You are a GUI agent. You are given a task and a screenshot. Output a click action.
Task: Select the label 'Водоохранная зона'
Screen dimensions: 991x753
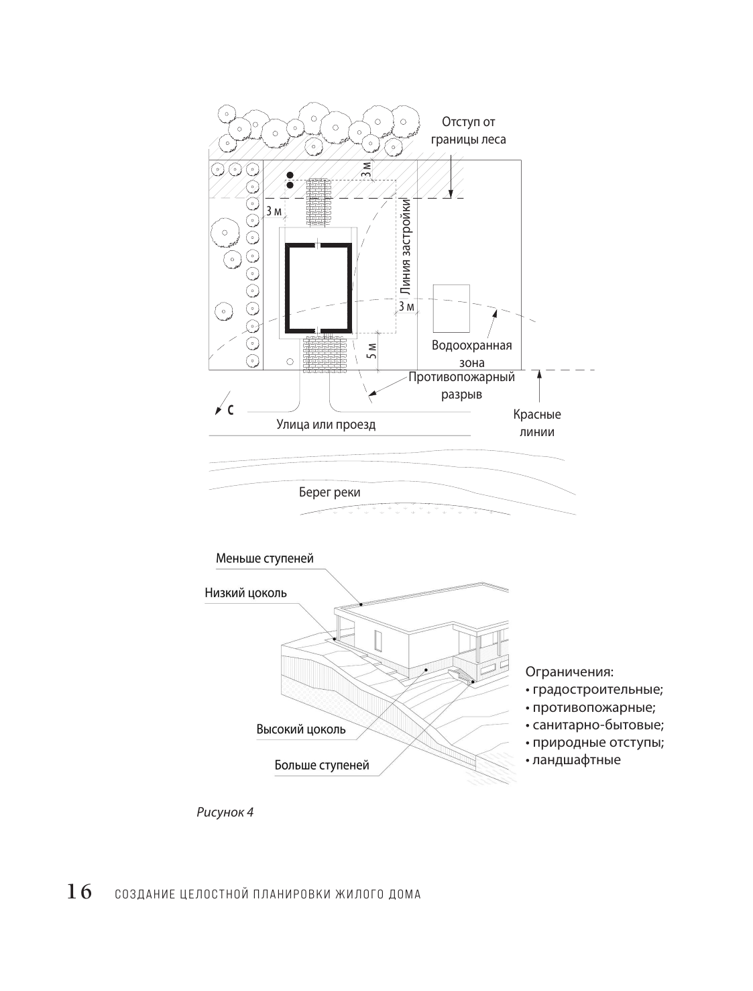472,354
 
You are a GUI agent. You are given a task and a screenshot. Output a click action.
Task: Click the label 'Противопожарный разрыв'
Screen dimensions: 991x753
461,386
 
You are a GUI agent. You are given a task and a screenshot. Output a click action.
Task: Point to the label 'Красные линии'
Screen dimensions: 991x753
536,423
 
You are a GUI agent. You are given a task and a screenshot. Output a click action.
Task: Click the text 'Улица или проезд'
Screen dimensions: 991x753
326,424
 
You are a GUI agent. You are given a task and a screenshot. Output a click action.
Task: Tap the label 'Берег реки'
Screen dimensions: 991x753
329,492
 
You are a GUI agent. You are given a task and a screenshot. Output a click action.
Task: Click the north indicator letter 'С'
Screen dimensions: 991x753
230,409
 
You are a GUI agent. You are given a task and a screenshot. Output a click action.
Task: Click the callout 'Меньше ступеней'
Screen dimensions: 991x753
264,558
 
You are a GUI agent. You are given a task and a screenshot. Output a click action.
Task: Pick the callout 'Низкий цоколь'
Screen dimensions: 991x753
245,592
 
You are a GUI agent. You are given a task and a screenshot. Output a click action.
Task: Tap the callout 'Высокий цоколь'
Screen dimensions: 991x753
301,729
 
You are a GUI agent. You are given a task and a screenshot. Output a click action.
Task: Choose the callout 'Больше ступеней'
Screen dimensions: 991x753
321,766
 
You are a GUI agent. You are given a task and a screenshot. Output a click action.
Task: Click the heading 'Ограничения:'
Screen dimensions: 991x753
569,672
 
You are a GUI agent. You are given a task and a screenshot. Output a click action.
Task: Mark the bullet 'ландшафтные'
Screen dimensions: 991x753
576,760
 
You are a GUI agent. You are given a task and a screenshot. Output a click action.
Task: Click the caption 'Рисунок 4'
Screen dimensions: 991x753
225,812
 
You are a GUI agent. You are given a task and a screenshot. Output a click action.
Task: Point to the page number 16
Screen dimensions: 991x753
78,892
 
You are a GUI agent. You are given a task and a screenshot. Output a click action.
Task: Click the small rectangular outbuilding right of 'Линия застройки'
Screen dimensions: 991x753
451,308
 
